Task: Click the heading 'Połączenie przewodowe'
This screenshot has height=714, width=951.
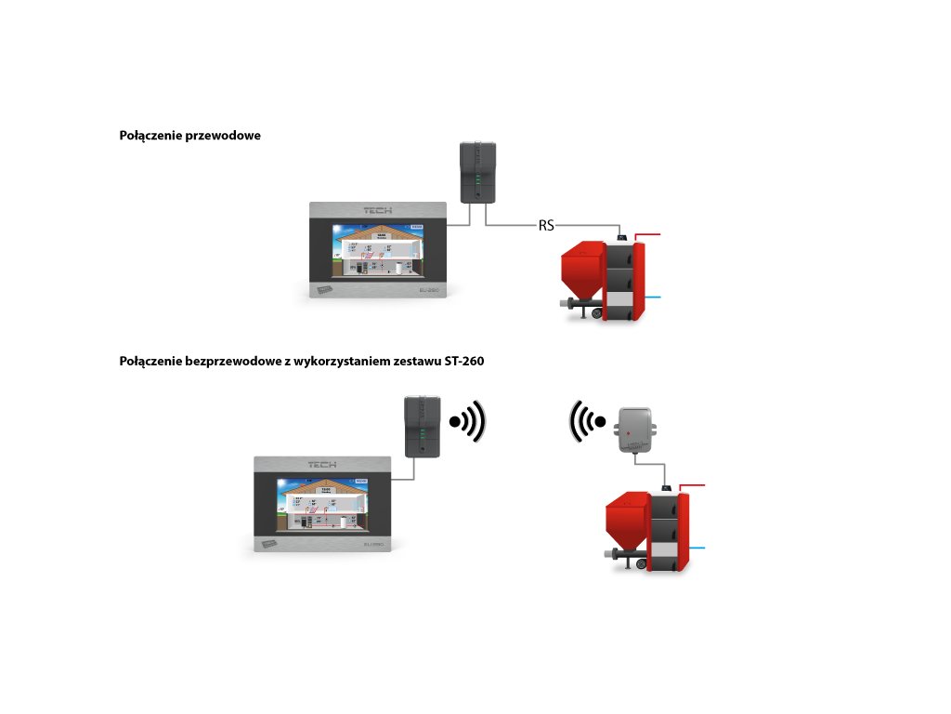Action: coord(189,136)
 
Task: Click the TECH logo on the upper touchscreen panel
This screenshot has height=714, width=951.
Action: coord(378,210)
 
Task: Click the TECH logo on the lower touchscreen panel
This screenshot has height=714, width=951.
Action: coord(324,463)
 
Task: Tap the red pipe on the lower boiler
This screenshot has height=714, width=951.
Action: coord(694,485)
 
